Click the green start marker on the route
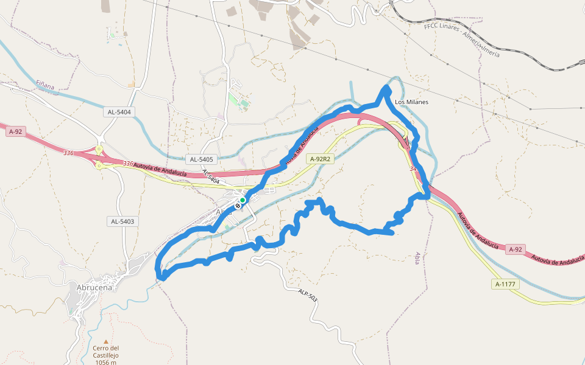point(243,200)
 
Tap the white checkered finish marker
point(238,206)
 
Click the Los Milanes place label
point(411,102)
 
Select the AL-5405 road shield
point(201,159)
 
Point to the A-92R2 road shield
point(320,159)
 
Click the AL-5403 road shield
point(122,221)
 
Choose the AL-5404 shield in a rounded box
point(119,112)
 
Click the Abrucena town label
point(95,288)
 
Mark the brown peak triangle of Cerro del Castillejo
point(106,342)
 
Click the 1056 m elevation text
point(105,362)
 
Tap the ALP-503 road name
point(308,295)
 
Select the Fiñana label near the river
point(45,86)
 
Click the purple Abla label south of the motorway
point(417,258)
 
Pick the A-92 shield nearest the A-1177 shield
point(516,249)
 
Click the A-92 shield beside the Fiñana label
point(16,131)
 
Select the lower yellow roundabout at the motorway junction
point(99,165)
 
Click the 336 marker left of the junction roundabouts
point(68,153)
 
